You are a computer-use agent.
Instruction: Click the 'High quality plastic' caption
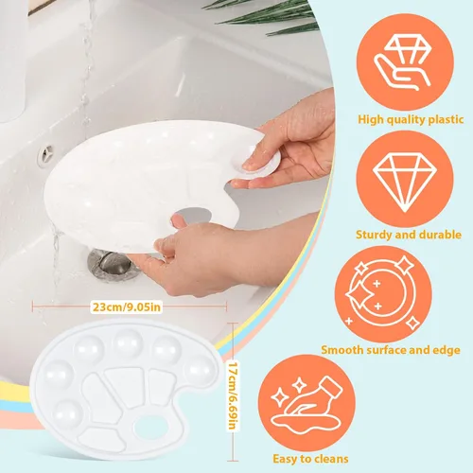pyautogui.click(x=411, y=119)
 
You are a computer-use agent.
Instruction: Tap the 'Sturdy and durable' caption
pyautogui.click(x=409, y=235)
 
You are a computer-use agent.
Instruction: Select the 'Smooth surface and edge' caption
pyautogui.click(x=391, y=350)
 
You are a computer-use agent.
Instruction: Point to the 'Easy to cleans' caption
pyautogui.click(x=310, y=459)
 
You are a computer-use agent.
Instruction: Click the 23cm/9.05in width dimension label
pyautogui.click(x=127, y=307)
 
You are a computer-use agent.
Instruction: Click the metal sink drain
pyautogui.click(x=114, y=265)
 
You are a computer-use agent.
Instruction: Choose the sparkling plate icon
pyautogui.click(x=382, y=294)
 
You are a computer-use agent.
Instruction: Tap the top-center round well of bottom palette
pyautogui.click(x=129, y=343)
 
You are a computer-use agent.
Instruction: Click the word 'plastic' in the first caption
pyautogui.click(x=446, y=120)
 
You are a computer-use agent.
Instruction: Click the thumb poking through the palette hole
pyautogui.click(x=179, y=221)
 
